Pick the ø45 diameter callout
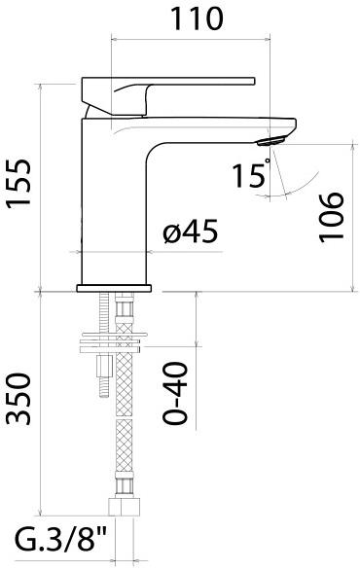tap(190, 233)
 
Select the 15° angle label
tap(249, 175)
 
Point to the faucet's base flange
tap(115, 288)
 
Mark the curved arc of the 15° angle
tap(297, 184)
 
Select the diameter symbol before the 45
tap(171, 233)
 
